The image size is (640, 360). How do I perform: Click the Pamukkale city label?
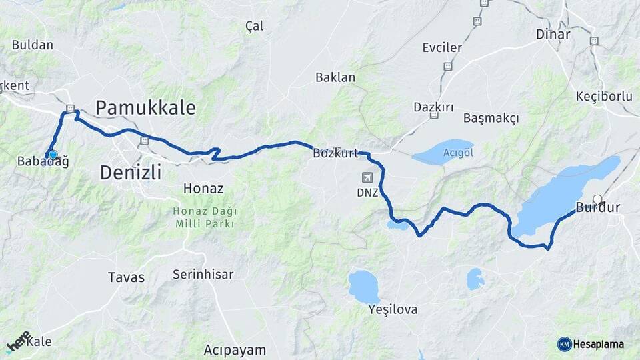point(146,107)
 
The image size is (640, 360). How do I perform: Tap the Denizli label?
point(131,173)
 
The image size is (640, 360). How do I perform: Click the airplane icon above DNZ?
point(367,178)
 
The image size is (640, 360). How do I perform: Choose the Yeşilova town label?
point(393,309)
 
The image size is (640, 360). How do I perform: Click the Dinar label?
point(553,35)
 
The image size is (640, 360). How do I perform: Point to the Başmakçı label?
point(491,118)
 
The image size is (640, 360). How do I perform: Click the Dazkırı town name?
point(433,107)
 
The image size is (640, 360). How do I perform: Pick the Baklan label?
point(335,77)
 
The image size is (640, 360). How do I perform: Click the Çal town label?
point(255,26)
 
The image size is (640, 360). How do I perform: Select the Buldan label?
point(32,45)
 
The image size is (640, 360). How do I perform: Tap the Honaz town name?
point(203,189)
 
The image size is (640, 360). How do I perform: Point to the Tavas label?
point(126,277)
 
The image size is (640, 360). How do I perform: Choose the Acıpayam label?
point(235,349)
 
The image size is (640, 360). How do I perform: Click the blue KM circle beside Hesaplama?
point(564,344)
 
